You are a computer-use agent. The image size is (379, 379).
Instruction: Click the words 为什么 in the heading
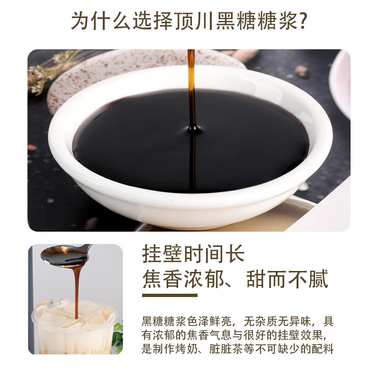click(x=101, y=20)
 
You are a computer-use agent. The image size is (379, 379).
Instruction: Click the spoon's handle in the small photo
click(x=87, y=247)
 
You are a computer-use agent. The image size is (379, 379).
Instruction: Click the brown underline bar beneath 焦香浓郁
click(x=170, y=295)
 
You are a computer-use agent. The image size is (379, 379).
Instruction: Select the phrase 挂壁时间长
click(x=193, y=253)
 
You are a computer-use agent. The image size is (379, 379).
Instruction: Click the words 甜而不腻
click(x=288, y=279)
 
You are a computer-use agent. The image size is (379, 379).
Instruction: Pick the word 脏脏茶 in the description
click(x=226, y=349)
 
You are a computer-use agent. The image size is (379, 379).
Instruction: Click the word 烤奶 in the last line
click(x=187, y=349)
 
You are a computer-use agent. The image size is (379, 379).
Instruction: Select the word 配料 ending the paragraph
click(x=323, y=349)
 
